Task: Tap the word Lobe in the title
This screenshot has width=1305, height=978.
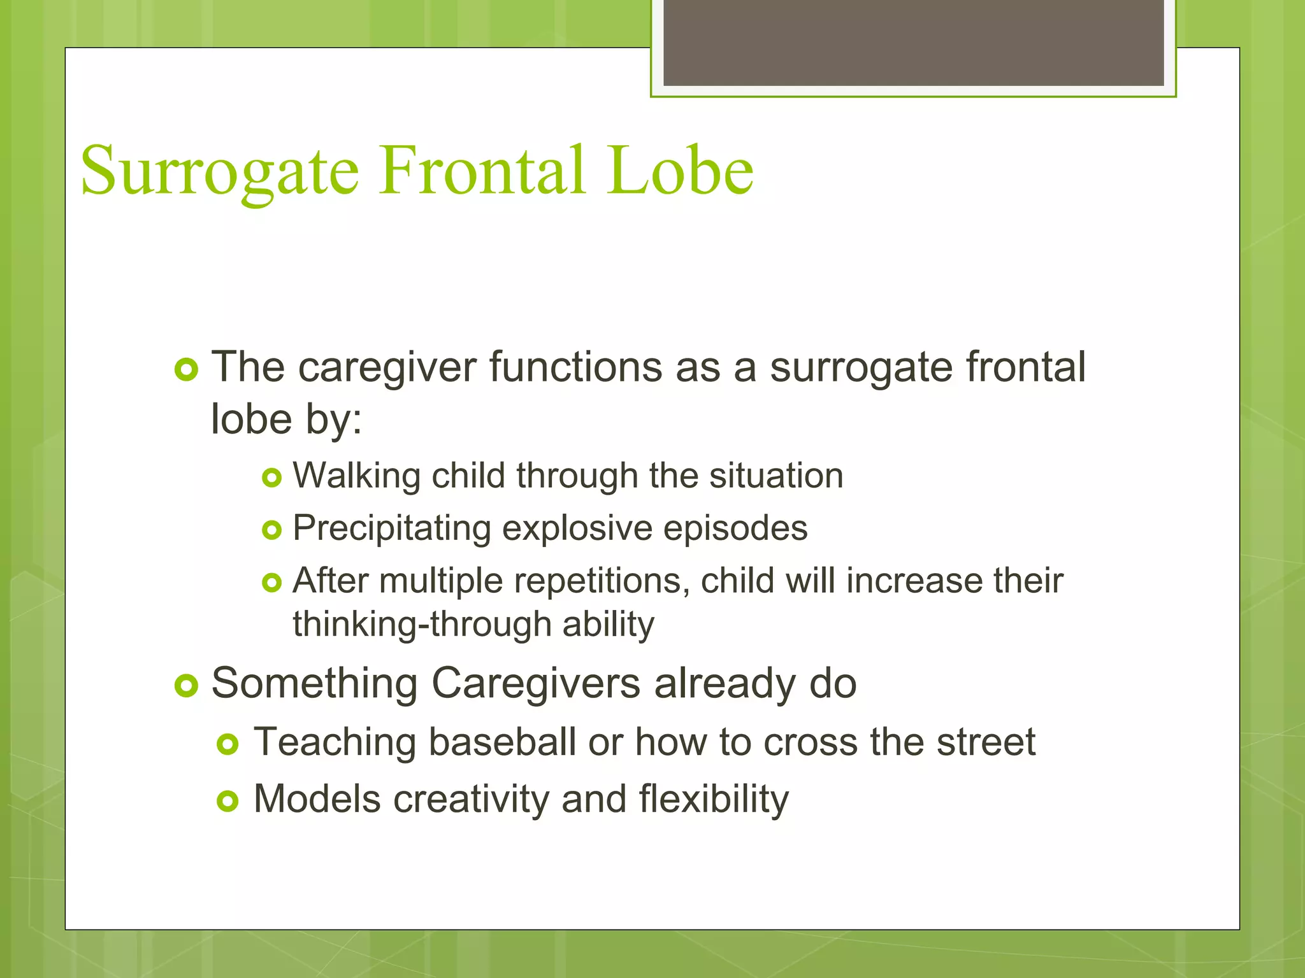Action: pyautogui.click(x=680, y=171)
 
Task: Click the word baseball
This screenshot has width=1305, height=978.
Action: pyautogui.click(x=502, y=742)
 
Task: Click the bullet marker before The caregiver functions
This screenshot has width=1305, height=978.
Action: pyautogui.click(x=186, y=369)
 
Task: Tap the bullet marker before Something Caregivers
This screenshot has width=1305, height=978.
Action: pyautogui.click(x=186, y=686)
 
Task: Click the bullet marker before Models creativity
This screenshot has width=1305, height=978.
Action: pyautogui.click(x=227, y=801)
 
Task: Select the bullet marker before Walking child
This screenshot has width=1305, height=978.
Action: pyautogui.click(x=271, y=478)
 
